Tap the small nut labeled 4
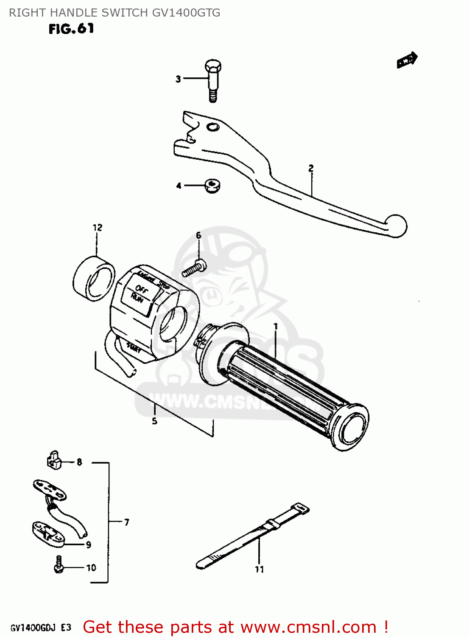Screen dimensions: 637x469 pyautogui.click(x=212, y=186)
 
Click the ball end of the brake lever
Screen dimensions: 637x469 pyautogui.click(x=396, y=225)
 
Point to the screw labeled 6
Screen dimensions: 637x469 pyautogui.click(x=194, y=268)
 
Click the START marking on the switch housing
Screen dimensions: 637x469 pyautogui.click(x=134, y=348)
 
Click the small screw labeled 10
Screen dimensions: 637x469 pyautogui.click(x=59, y=565)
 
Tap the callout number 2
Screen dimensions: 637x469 pyautogui.click(x=311, y=168)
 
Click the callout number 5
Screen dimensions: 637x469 pyautogui.click(x=154, y=421)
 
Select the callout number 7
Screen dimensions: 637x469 pyautogui.click(x=126, y=522)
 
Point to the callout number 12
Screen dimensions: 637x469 pyautogui.click(x=98, y=228)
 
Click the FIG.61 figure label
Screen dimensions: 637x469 pyautogui.click(x=71, y=29)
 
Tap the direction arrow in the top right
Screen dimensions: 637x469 pyautogui.click(x=407, y=60)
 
